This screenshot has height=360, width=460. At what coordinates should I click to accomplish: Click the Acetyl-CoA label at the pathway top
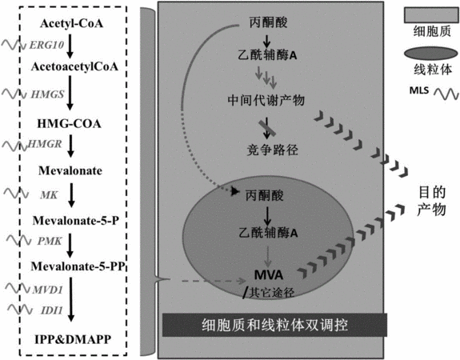[x=71, y=23]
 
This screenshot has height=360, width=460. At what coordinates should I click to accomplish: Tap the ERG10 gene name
[x=46, y=45]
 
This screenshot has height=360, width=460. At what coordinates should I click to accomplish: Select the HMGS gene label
[x=47, y=94]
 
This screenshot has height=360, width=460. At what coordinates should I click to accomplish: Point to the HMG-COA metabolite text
[x=70, y=123]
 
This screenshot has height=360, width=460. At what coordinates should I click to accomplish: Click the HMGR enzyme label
[x=45, y=144]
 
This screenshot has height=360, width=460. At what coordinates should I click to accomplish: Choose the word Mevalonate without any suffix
[x=70, y=170]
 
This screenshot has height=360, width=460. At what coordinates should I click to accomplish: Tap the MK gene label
[x=49, y=195]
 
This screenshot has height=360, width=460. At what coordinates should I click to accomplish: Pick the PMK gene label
[x=50, y=241]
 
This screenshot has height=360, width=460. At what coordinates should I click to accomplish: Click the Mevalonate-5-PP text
[x=78, y=266]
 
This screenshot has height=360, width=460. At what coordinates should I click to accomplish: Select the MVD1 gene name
[x=48, y=290]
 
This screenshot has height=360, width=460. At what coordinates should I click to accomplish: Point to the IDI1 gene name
[x=52, y=310]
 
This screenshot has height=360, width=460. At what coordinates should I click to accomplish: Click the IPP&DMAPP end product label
[x=73, y=339]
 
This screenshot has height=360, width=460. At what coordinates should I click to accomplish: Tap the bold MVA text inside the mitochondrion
[x=269, y=275]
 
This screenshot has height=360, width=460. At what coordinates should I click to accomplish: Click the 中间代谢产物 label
[x=266, y=100]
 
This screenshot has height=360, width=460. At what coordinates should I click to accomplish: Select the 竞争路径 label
[x=273, y=150]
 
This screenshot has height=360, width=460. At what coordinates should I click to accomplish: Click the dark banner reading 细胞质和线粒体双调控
[x=274, y=325]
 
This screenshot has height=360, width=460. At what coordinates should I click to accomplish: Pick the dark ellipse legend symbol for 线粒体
[x=430, y=54]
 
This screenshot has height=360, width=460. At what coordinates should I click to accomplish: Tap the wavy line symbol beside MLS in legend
[x=446, y=94]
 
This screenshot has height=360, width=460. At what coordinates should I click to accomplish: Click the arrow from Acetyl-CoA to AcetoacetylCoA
[x=70, y=46]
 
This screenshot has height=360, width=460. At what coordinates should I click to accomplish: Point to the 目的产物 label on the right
[x=431, y=201]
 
